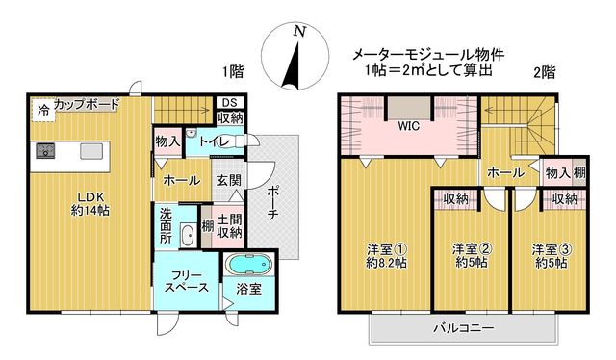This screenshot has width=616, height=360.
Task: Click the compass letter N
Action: (300, 31)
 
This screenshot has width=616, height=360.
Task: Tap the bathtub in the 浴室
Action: (250, 264)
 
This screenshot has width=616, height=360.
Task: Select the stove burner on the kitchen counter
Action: (45, 150)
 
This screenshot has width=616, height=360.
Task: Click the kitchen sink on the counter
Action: (92, 151)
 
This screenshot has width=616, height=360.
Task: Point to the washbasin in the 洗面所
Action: (188, 236)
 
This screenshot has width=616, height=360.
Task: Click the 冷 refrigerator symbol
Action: (43, 110)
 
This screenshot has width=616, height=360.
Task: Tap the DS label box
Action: (230, 103)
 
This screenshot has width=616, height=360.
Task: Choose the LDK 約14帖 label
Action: (90, 203)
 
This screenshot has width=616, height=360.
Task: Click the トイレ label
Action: (214, 141)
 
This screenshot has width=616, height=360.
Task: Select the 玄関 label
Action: (229, 180)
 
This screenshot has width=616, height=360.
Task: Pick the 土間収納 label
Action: (229, 225)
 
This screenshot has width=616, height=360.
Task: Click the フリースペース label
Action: (186, 281)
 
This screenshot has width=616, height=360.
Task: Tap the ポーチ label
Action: (272, 202)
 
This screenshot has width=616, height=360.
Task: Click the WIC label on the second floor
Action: (409, 126)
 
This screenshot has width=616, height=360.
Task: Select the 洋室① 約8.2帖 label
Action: (386, 256)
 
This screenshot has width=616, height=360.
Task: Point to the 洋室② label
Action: (472, 249)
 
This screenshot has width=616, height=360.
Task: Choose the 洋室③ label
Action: (552, 249)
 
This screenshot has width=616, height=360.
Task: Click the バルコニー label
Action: (464, 328)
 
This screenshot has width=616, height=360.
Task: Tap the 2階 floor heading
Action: (545, 72)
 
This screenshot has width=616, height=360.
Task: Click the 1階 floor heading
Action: (233, 72)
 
